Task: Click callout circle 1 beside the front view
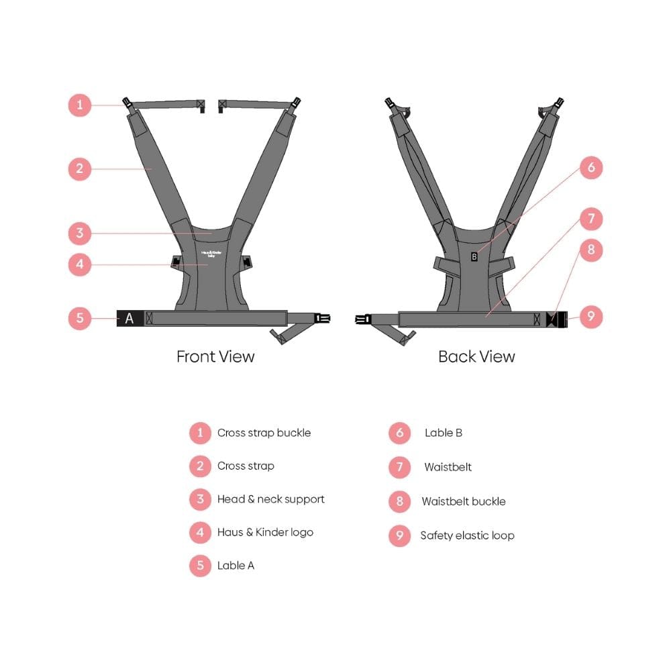[80, 105]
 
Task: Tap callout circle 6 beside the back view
[591, 167]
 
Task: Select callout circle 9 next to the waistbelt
[591, 317]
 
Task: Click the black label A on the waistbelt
[130, 318]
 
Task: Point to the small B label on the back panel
[474, 257]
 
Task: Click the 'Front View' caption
[215, 356]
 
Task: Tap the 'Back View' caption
[476, 356]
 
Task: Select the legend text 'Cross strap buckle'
[264, 433]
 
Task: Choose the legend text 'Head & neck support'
[271, 499]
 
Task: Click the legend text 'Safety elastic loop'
[467, 535]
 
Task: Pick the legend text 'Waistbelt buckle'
[464, 501]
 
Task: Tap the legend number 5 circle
[200, 565]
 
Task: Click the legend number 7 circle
[400, 467]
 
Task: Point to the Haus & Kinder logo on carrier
[211, 254]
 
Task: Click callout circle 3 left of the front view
[80, 234]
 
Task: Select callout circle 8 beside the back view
[591, 250]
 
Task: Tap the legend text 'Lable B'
[444, 433]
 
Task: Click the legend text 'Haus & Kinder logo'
[265, 532]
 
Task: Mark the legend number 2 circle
[200, 466]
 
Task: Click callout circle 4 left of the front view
[80, 264]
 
